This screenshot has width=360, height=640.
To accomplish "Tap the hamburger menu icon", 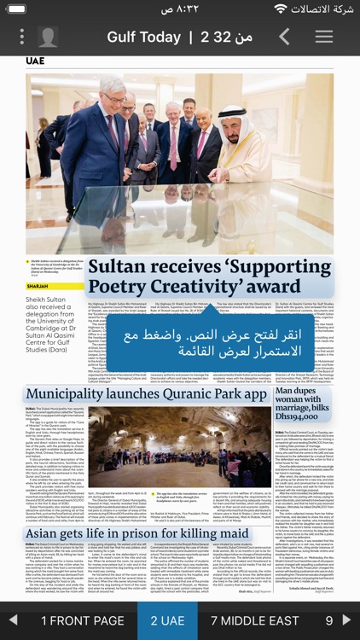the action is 324,37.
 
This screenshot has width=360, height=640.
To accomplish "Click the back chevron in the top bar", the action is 284,37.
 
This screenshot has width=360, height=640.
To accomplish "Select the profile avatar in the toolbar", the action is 48,37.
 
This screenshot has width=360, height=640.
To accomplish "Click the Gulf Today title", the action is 143,37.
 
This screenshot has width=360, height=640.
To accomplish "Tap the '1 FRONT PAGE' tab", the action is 82,620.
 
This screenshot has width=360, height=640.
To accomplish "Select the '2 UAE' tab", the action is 167,620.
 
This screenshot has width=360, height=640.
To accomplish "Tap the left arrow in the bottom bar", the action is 13,620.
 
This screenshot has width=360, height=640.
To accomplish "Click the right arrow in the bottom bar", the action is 346,620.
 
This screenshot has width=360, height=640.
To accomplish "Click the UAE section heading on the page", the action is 35,61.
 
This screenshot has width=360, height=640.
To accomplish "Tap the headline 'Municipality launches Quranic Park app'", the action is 147,394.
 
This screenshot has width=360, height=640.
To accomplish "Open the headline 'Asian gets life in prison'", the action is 136,533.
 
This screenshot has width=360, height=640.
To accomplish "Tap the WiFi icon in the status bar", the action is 280,9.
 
